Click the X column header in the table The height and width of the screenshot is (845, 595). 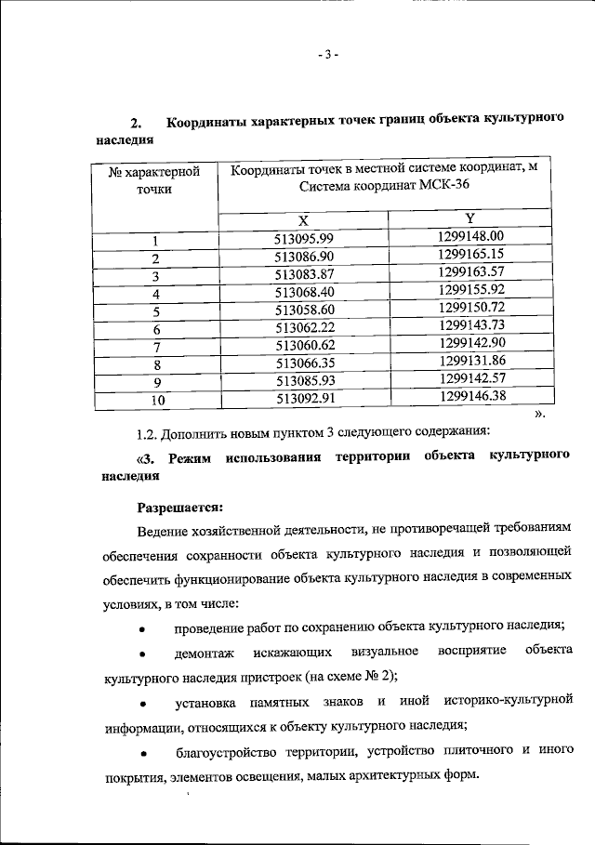pos(303,221)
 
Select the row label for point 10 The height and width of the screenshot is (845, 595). pos(157,401)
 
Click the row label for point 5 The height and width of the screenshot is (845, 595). pos(157,311)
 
